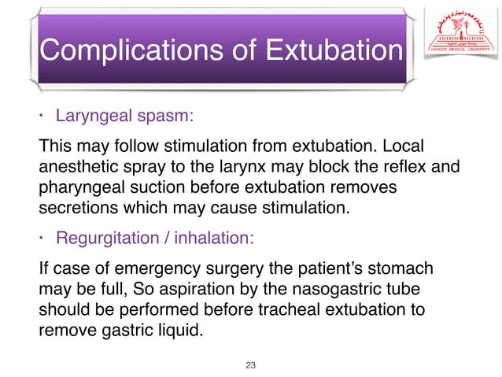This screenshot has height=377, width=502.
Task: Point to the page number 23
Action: (x=251, y=364)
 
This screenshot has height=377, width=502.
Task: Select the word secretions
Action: (x=77, y=209)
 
